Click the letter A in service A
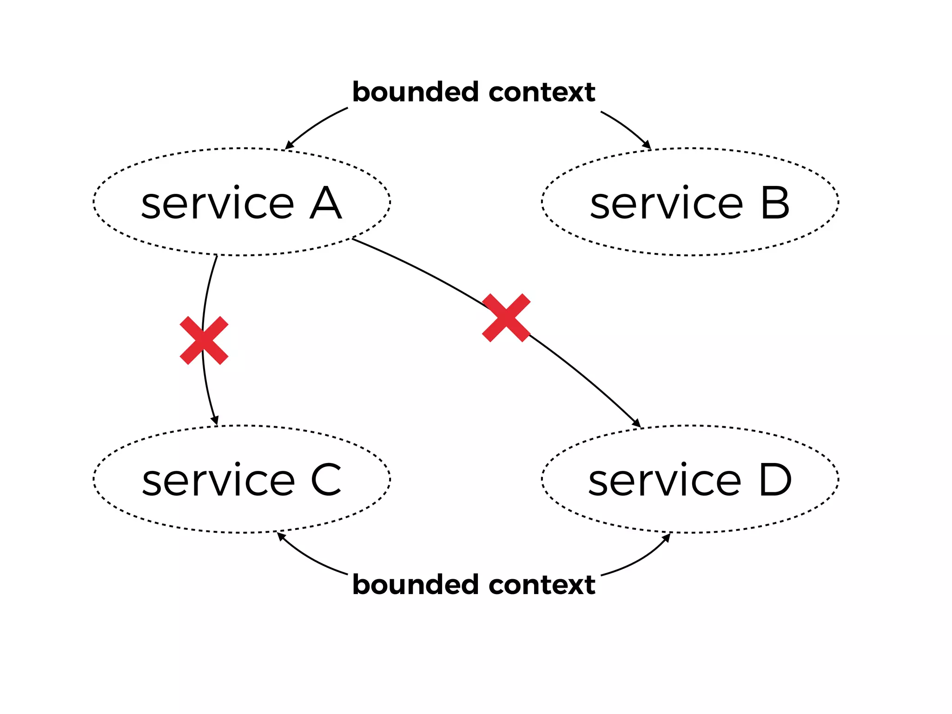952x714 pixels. click(x=326, y=203)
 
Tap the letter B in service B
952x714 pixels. click(x=775, y=203)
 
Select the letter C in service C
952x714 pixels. click(x=326, y=480)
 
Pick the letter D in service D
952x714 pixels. click(x=775, y=480)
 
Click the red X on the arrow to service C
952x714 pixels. click(x=204, y=340)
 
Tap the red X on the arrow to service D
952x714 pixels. click(x=506, y=317)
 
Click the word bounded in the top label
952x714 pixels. click(x=415, y=92)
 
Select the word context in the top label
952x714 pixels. click(x=542, y=92)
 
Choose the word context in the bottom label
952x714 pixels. click(x=542, y=584)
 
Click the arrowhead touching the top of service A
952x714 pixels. click(x=289, y=145)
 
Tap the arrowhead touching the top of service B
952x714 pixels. click(x=647, y=145)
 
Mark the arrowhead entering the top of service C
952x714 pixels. click(x=215, y=420)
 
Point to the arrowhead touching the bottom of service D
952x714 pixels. click(x=667, y=537)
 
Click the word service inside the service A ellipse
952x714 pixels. click(x=218, y=203)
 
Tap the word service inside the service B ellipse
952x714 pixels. click(x=666, y=203)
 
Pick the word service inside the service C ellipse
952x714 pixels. click(x=218, y=480)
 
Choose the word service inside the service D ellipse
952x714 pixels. click(x=665, y=480)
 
